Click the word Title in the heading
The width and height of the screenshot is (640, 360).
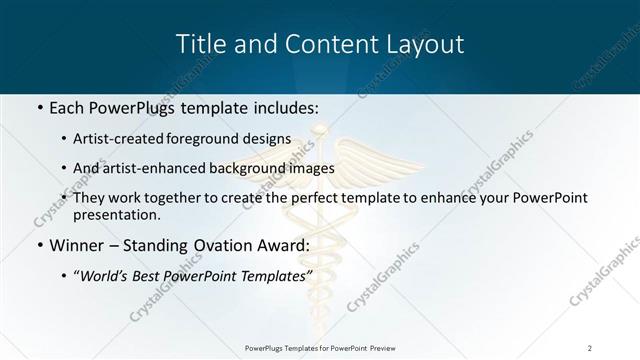click(x=198, y=44)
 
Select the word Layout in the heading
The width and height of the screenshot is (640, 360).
click(x=427, y=44)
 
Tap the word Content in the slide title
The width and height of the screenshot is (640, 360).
click(x=325, y=44)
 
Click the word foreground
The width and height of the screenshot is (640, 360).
click(x=219, y=139)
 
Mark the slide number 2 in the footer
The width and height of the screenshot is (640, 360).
click(x=589, y=347)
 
